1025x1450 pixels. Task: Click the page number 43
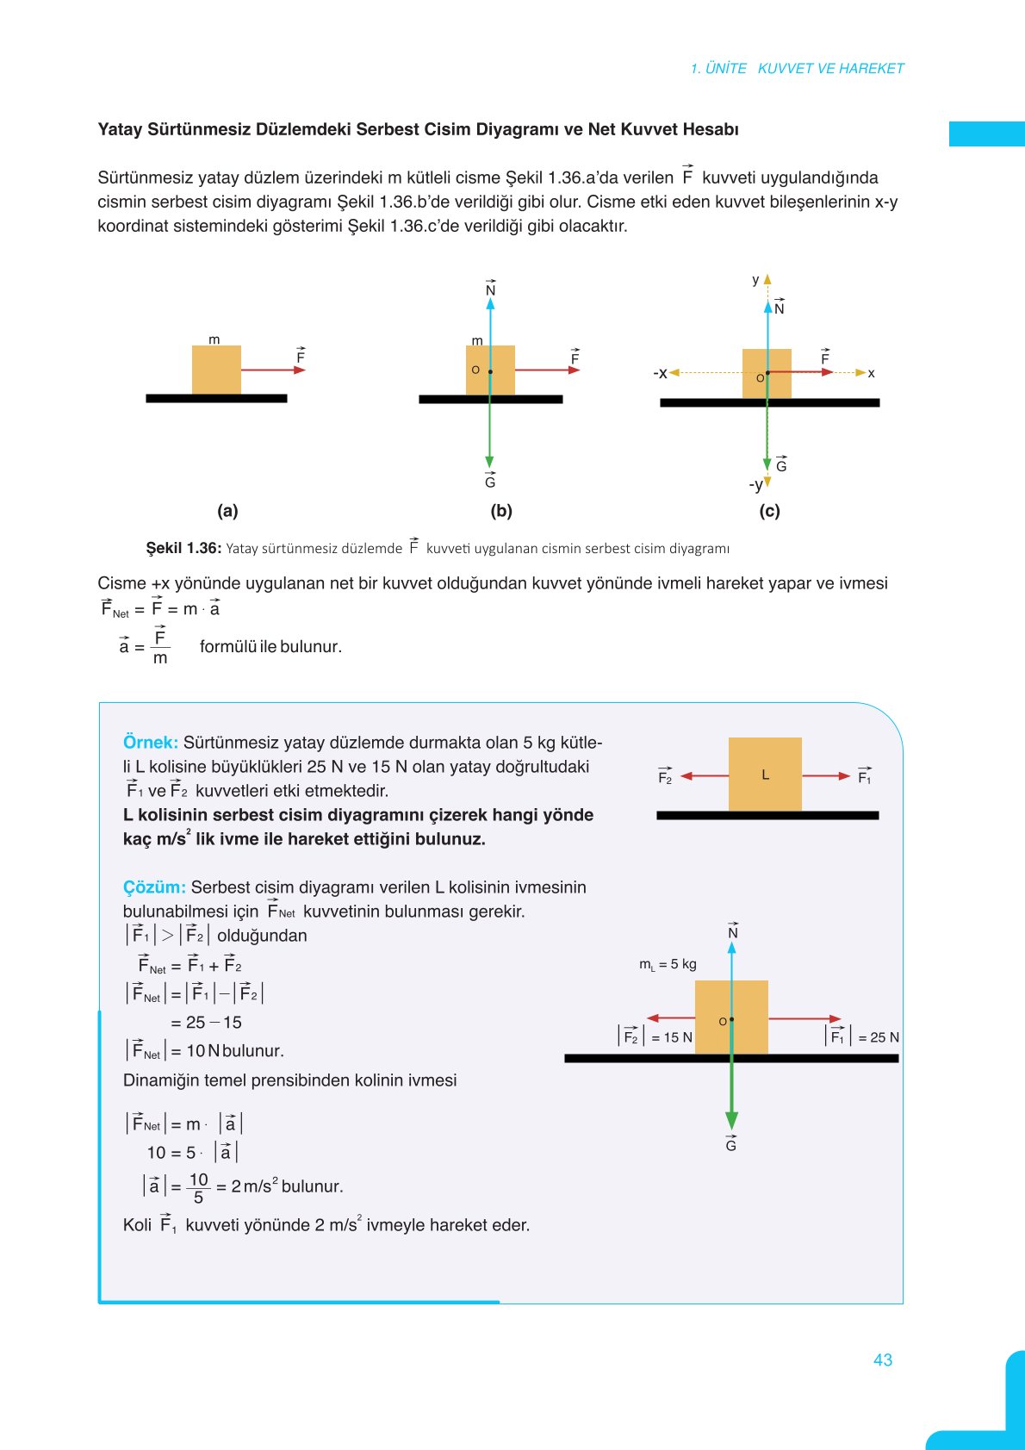tap(882, 1360)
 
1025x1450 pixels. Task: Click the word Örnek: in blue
tap(150, 743)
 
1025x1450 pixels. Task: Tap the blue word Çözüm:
tap(154, 887)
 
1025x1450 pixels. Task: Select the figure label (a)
tap(227, 511)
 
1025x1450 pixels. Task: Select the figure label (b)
tap(501, 511)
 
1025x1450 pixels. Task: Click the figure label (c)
tap(769, 511)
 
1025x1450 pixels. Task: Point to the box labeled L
tap(765, 774)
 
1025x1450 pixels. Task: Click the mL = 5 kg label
tap(668, 964)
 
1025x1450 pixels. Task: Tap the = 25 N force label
tap(878, 1037)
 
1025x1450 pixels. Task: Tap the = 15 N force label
tap(671, 1037)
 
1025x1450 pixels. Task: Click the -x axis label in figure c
tap(660, 373)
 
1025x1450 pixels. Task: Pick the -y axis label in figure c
tap(755, 485)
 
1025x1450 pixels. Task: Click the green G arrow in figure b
tap(490, 431)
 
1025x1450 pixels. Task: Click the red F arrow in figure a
tap(273, 370)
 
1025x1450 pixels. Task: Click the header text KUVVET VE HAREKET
tap(830, 68)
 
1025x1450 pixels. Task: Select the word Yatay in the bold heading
tap(121, 129)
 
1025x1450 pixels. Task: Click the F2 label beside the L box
tap(665, 777)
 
